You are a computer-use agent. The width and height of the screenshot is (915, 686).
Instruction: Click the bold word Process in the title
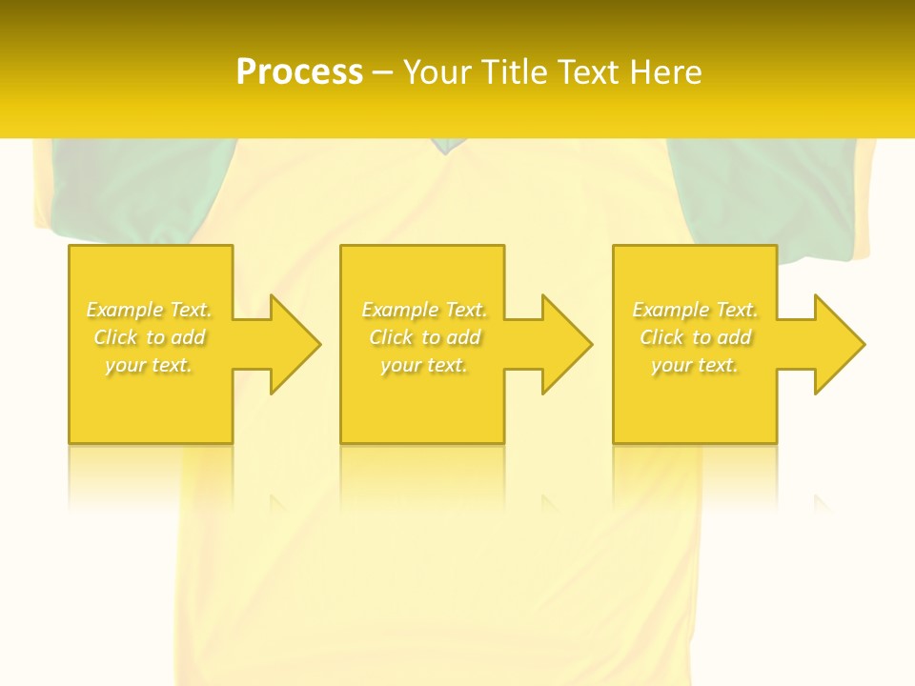pyautogui.click(x=299, y=71)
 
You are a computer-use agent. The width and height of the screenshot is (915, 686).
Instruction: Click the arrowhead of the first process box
pyautogui.click(x=291, y=344)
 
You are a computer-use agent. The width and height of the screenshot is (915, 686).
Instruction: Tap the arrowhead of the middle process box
pyautogui.click(x=562, y=344)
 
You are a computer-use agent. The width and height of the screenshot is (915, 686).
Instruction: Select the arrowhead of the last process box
pyautogui.click(x=835, y=344)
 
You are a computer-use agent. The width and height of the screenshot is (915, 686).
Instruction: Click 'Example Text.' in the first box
pyautogui.click(x=150, y=310)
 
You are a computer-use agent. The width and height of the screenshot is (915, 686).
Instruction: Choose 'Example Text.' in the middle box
pyautogui.click(x=424, y=310)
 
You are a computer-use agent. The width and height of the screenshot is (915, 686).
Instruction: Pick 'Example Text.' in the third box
pyautogui.click(x=695, y=310)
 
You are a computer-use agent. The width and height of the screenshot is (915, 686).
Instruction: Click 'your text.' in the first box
pyautogui.click(x=150, y=365)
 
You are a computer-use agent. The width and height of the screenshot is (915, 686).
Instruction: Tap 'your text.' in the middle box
pyautogui.click(x=424, y=365)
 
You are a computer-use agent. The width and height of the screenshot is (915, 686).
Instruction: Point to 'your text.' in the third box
pyautogui.click(x=695, y=365)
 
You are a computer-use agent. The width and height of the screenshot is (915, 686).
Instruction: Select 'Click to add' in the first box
pyautogui.click(x=150, y=337)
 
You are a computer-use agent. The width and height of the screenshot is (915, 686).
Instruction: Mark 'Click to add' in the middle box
pyautogui.click(x=424, y=337)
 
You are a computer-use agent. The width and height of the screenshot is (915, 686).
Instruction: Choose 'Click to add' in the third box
pyautogui.click(x=695, y=337)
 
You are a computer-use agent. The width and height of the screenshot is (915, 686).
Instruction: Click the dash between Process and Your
pyautogui.click(x=382, y=72)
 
